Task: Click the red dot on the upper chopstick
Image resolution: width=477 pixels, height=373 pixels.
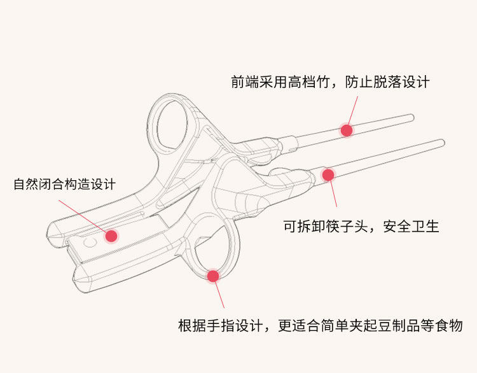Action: coord(347,130)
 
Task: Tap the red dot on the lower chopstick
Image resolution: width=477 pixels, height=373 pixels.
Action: coord(328,174)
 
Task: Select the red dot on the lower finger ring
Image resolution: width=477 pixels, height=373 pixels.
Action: coord(213,276)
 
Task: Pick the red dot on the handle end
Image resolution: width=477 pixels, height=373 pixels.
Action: coord(111,236)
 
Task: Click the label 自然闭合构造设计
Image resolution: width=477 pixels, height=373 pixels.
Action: coord(64,185)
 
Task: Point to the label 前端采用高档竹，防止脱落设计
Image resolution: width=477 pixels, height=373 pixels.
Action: coord(330,82)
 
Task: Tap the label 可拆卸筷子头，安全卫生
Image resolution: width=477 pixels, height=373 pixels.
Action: coord(361,226)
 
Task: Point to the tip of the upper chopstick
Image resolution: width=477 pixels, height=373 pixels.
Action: coord(411,116)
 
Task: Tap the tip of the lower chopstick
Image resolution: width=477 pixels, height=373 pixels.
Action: coord(441,142)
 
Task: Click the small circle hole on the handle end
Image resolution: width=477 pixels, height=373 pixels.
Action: coord(89,243)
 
